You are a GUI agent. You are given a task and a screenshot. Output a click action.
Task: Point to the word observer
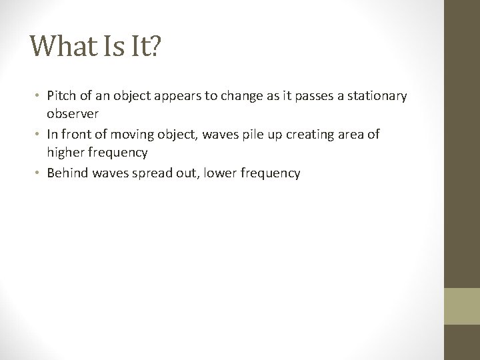click(x=73, y=113)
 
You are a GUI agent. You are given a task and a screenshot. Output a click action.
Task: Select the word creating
click(x=305, y=135)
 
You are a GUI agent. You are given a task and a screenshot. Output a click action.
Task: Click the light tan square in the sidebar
click(x=462, y=307)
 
